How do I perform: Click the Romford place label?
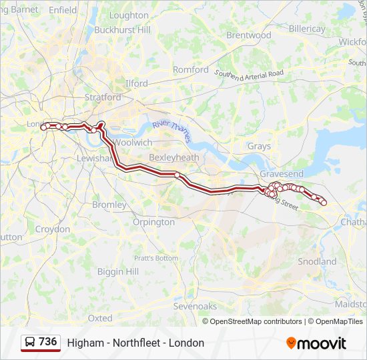pyautogui.click(x=191, y=69)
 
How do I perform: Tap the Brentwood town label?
pyautogui.click(x=248, y=35)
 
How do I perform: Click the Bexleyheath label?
pyautogui.click(x=174, y=157)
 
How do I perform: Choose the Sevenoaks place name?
pyautogui.click(x=195, y=306)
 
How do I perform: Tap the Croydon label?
pyautogui.click(x=52, y=229)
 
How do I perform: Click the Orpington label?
pyautogui.click(x=153, y=222)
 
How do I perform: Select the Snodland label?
pyautogui.click(x=317, y=261)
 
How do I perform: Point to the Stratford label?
pyautogui.click(x=103, y=97)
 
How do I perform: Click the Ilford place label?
pyautogui.click(x=136, y=83)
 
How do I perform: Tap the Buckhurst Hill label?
pyautogui.click(x=123, y=30)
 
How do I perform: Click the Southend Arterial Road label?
pyautogui.click(x=249, y=75)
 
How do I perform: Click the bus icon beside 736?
pyautogui.click(x=30, y=342)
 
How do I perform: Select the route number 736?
pyautogui.click(x=48, y=342)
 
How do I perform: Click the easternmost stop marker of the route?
pyautogui.click(x=324, y=203)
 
